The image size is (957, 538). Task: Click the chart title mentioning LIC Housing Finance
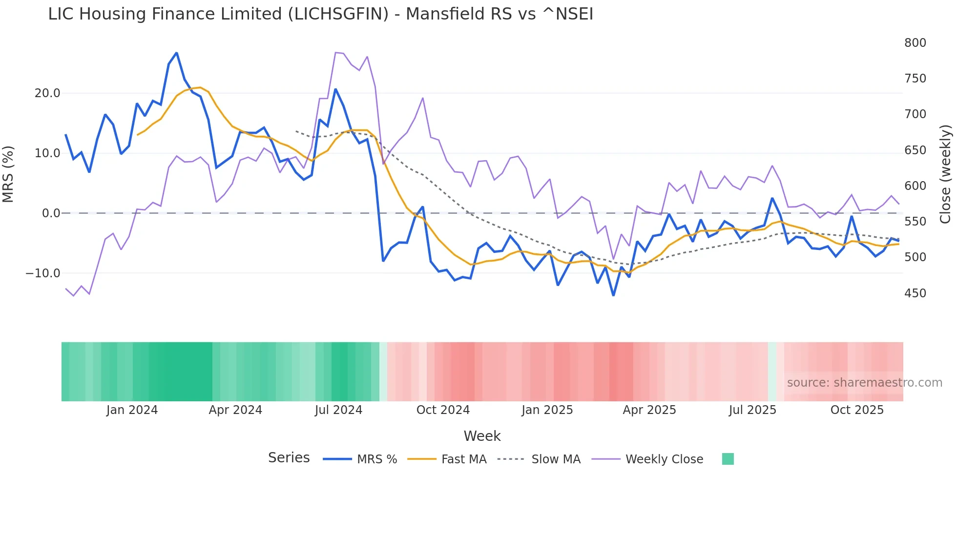click(320, 14)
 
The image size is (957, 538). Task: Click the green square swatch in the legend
click(728, 459)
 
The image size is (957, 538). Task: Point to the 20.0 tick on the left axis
click(47, 93)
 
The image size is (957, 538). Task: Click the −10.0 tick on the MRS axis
click(43, 273)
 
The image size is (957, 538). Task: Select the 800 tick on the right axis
click(915, 43)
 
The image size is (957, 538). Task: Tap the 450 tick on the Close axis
click(915, 293)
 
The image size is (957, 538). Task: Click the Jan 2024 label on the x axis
click(132, 410)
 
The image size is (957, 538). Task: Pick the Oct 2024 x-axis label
click(443, 410)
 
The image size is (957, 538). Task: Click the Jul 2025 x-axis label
click(752, 410)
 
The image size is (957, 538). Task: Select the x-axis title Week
click(482, 436)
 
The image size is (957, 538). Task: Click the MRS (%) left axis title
click(8, 174)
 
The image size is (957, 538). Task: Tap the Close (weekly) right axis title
click(945, 174)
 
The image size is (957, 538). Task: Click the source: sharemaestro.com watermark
click(864, 383)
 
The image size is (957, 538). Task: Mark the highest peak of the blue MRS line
click(176, 53)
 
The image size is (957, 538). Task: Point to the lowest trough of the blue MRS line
click(613, 295)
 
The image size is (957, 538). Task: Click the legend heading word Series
click(289, 458)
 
